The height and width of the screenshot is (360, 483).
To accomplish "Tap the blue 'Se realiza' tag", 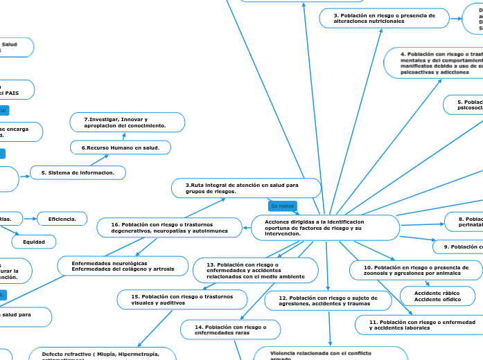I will point(283,206).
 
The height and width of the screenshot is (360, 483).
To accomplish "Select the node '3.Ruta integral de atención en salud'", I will point(246,188).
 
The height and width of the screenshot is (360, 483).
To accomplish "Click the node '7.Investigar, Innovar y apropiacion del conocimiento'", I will point(128,123).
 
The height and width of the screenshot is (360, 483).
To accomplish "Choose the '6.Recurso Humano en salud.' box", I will point(121,148).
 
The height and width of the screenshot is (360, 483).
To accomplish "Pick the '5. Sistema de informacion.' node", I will point(78,172).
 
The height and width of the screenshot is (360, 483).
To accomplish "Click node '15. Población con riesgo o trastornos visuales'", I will point(184,299).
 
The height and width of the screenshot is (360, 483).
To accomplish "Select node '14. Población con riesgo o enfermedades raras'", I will point(230,329).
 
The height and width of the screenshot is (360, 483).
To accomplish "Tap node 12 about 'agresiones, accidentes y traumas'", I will point(328,300).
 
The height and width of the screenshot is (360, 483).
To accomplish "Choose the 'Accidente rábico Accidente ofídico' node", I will point(439,296).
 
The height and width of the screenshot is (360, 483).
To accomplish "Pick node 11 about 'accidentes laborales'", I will point(419,325).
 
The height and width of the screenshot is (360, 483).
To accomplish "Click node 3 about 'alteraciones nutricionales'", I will point(385,18).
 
